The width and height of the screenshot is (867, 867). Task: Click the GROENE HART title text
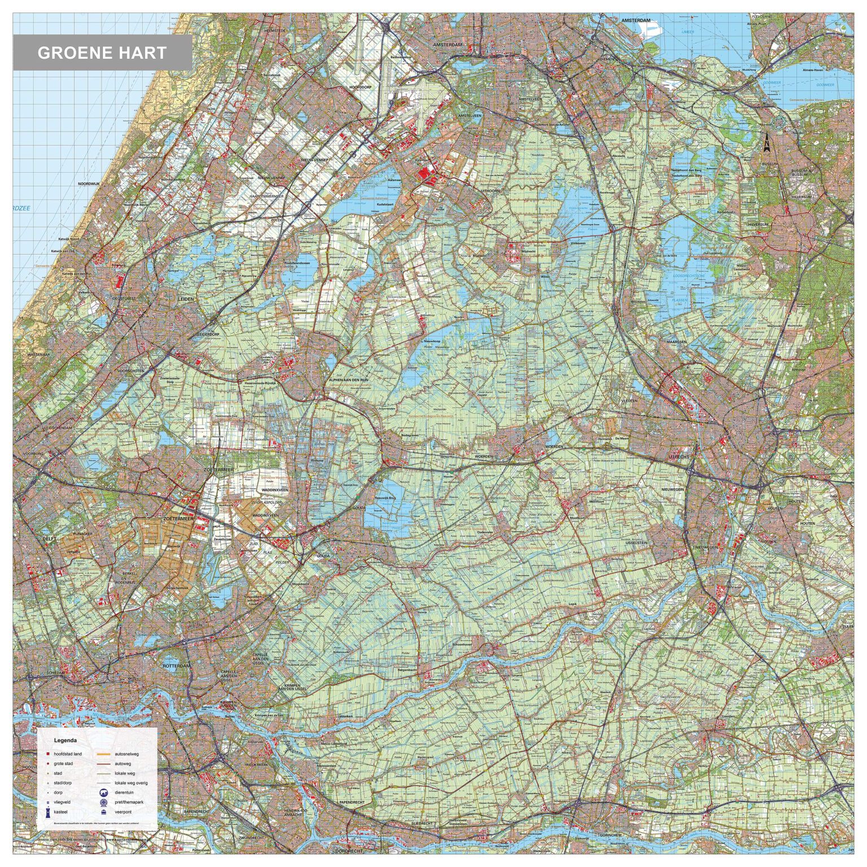[x=102, y=53]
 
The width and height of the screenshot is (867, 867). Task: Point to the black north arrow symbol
[x=767, y=144]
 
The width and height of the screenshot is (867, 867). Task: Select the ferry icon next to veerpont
[x=104, y=812]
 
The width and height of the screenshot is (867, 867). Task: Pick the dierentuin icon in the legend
[x=104, y=792]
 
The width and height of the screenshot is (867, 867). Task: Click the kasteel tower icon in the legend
[x=49, y=812]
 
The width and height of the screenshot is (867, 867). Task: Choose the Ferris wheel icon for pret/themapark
[x=104, y=802]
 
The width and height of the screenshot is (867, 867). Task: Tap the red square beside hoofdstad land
[x=49, y=754]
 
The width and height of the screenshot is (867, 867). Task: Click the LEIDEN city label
[x=186, y=299]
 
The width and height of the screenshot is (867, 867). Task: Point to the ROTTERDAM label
[x=177, y=666]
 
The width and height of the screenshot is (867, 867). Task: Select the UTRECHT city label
[x=678, y=456]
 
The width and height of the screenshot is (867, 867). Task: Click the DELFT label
[x=50, y=539]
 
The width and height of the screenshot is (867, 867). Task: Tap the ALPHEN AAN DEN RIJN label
[x=348, y=380]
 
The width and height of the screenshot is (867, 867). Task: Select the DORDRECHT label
[x=348, y=851]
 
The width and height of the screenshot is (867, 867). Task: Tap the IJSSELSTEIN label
[x=636, y=542]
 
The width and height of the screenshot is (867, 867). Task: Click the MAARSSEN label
[x=676, y=341]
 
